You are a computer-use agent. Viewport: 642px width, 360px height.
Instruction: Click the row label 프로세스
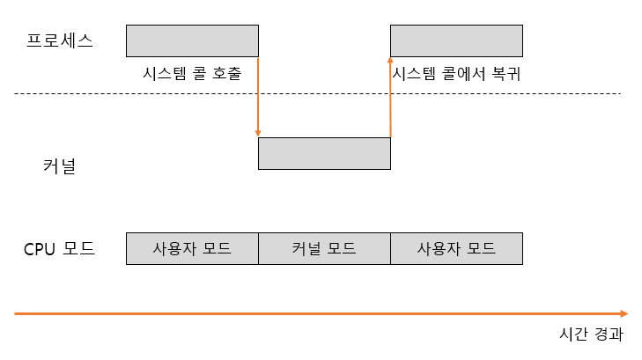(60, 40)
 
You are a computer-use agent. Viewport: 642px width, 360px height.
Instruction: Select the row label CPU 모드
(59, 249)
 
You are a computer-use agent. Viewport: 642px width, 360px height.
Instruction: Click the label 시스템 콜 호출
(191, 74)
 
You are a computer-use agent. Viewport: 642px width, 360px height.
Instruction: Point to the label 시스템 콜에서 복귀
(457, 74)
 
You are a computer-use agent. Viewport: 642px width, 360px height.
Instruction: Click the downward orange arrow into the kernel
(258, 97)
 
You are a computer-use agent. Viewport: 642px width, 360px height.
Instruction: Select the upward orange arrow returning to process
(390, 97)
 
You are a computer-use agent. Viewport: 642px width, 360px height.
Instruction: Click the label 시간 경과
(591, 334)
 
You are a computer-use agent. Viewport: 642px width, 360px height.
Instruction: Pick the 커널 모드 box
(324, 248)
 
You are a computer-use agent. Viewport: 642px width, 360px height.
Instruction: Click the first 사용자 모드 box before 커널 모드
(192, 248)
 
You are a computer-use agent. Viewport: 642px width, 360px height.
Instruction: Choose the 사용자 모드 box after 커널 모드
(456, 248)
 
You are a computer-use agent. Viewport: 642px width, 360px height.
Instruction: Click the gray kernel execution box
(324, 153)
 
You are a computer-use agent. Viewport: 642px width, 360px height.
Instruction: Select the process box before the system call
(192, 40)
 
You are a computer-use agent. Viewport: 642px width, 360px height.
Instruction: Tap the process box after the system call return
(456, 40)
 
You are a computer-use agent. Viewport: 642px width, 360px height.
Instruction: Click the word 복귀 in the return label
(507, 74)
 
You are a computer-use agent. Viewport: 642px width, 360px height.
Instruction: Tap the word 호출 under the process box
(226, 74)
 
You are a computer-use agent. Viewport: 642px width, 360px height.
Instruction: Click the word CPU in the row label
(40, 249)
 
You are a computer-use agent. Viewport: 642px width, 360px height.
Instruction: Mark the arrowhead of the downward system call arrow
(258, 133)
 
